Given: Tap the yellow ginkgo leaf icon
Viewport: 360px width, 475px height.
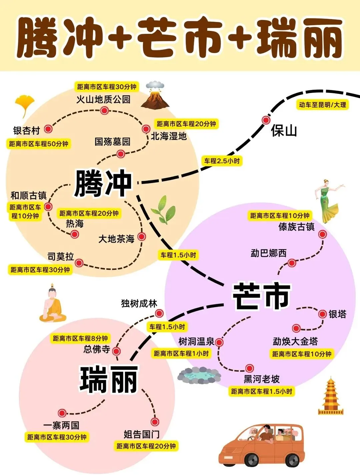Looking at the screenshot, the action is pyautogui.click(x=25, y=105).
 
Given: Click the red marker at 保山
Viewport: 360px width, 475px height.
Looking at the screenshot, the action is pyautogui.click(x=266, y=120).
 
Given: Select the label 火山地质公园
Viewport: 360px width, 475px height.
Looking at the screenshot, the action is pyautogui.click(x=103, y=99).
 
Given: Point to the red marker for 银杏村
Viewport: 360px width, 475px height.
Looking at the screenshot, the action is pyautogui.click(x=48, y=129).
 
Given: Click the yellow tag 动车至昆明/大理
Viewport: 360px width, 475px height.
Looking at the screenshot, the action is pyautogui.click(x=322, y=105).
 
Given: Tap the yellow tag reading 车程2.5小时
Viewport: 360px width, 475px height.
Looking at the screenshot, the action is pyautogui.click(x=222, y=161).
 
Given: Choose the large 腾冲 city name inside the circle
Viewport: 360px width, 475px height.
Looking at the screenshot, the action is pyautogui.click(x=103, y=183).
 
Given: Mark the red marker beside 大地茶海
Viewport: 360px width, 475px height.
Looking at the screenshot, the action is pyautogui.click(x=142, y=237).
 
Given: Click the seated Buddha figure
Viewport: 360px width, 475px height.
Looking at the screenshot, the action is pyautogui.click(x=52, y=303).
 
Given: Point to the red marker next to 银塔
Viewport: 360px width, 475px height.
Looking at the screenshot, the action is pyautogui.click(x=322, y=314).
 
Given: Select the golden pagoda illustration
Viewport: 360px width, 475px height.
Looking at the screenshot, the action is pyautogui.click(x=331, y=396).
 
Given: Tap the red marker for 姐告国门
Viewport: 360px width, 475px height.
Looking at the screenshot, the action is pyautogui.click(x=154, y=422).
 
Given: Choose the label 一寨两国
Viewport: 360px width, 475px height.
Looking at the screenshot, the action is pyautogui.click(x=61, y=425).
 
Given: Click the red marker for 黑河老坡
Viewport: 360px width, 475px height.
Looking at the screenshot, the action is pyautogui.click(x=249, y=368).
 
